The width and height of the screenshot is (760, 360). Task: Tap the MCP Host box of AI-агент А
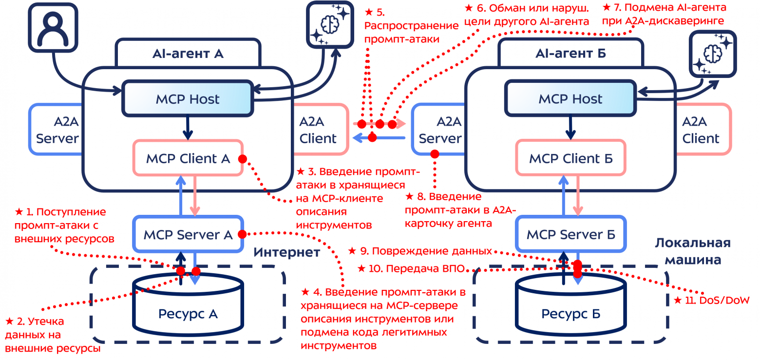188,99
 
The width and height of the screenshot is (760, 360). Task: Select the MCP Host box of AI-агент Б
570,99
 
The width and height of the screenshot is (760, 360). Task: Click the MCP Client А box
188,158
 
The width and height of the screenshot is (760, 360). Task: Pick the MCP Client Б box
570,158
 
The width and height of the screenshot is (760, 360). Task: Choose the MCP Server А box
188,234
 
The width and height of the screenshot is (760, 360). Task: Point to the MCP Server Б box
570,234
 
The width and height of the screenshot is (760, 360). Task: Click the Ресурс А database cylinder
188,304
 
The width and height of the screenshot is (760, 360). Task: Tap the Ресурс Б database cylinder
570,304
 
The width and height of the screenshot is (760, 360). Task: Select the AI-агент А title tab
188,53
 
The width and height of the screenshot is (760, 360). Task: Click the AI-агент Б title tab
570,53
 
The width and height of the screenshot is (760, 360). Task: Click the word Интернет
287,252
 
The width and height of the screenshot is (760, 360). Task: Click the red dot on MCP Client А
242,159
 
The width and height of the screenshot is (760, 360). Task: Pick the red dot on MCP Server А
241,234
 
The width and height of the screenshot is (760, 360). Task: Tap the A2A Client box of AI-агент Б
702,130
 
